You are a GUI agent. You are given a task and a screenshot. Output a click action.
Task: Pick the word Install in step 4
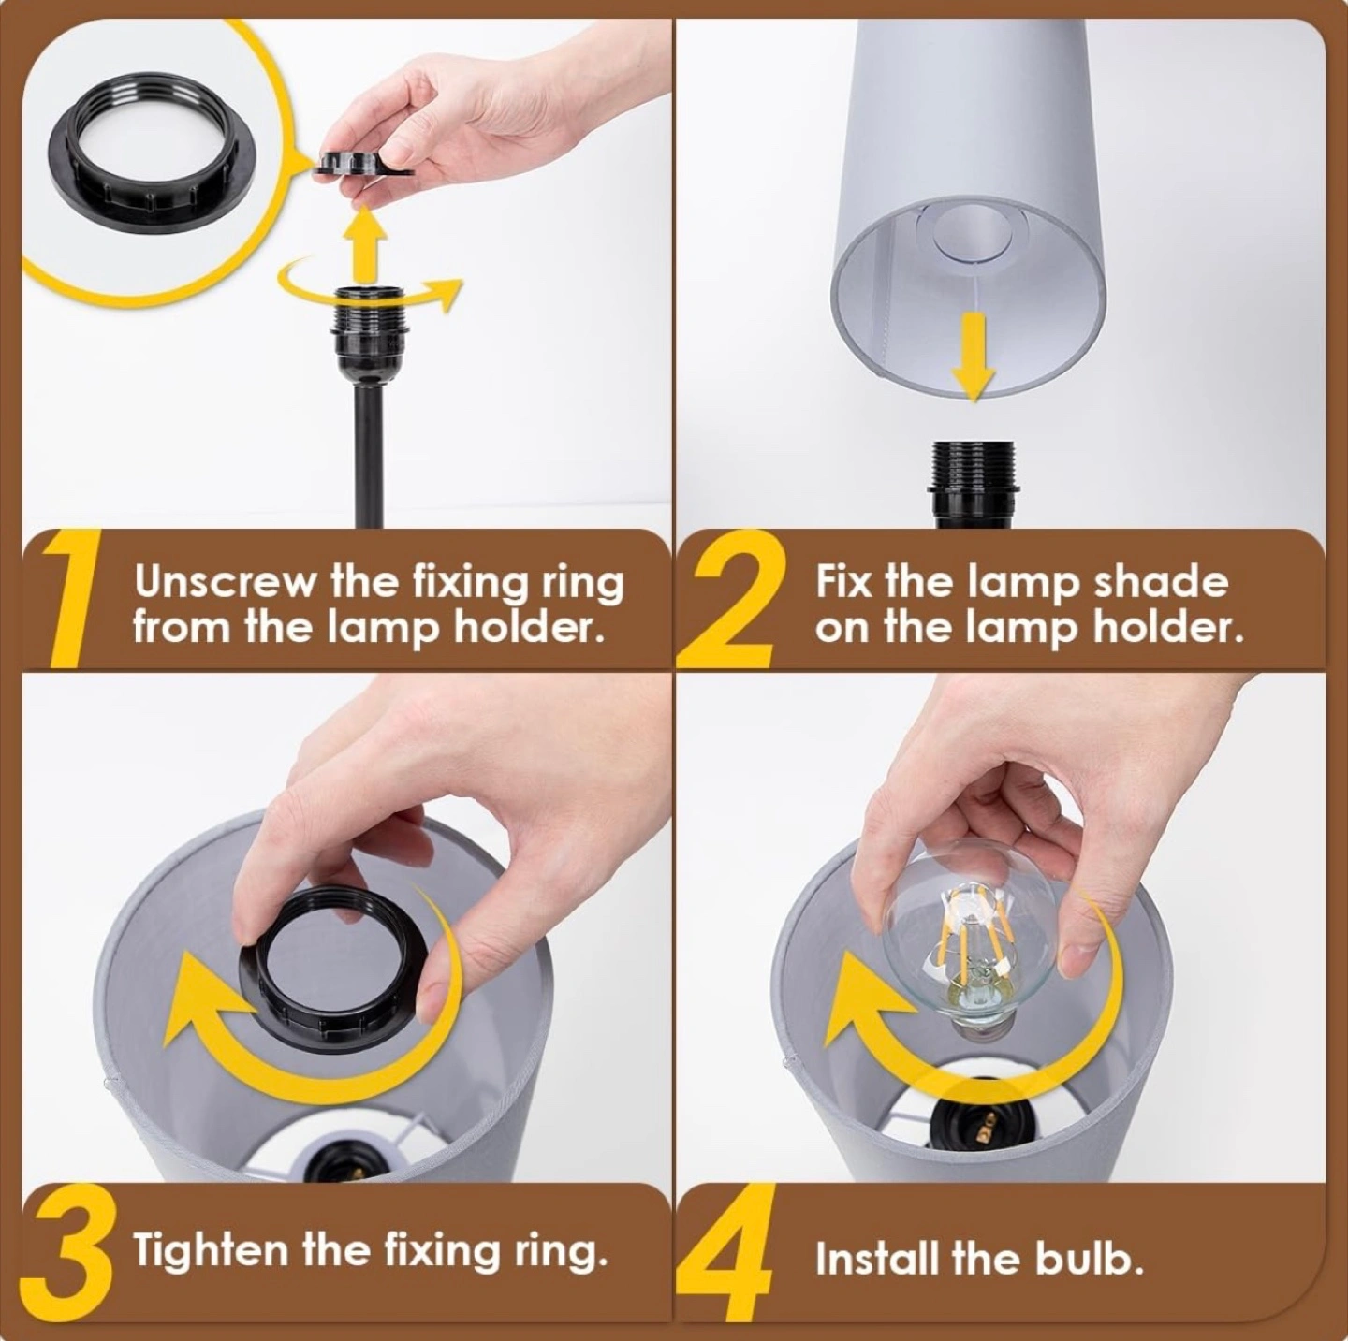pyautogui.click(x=879, y=1258)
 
